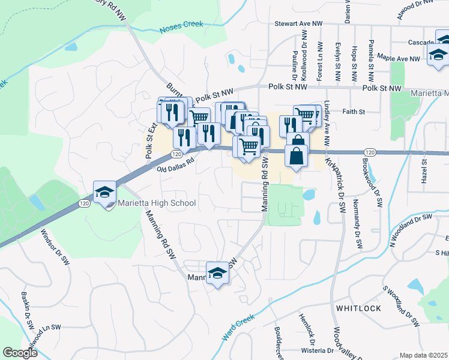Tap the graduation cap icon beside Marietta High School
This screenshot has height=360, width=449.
(x=104, y=193)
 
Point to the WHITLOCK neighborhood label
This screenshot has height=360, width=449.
(x=358, y=308)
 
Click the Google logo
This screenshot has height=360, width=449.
(x=20, y=353)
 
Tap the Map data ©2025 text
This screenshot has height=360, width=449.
(x=423, y=355)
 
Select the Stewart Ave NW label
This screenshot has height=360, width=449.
(x=298, y=23)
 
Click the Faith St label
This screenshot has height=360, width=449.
(x=354, y=112)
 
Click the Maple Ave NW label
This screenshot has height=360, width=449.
(x=399, y=59)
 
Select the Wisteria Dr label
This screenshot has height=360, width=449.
(x=316, y=350)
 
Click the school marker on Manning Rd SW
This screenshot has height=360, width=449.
(x=217, y=274)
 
